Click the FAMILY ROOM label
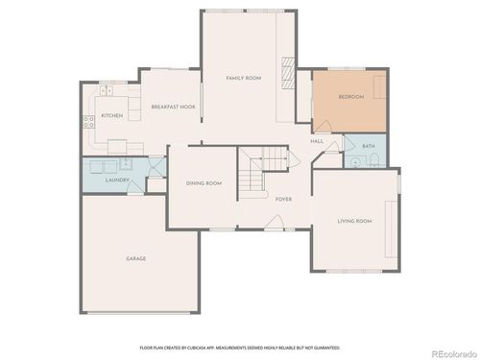pyautogui.click(x=243, y=77)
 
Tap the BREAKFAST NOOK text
pyautogui.click(x=174, y=107)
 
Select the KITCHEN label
pyautogui.click(x=112, y=116)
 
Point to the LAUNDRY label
pyautogui.click(x=117, y=180)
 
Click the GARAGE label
pyautogui.click(x=135, y=257)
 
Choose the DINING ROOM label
pyautogui.click(x=204, y=182)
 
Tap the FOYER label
pyautogui.click(x=283, y=199)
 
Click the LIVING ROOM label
pyautogui.click(x=353, y=221)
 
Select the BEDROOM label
pyautogui.click(x=351, y=98)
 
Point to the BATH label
pyautogui.click(x=369, y=147)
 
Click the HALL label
pyautogui.click(x=316, y=141)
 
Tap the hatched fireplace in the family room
pyautogui.click(x=286, y=73)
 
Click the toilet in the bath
pyautogui.click(x=377, y=161)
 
